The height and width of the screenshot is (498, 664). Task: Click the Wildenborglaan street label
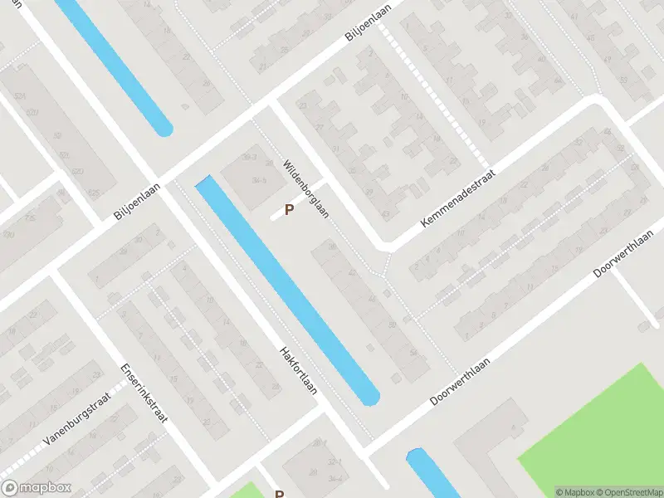[305, 188]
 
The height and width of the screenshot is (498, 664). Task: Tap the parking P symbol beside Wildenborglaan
[289, 210]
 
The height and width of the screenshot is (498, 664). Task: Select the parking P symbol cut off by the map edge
[280, 494]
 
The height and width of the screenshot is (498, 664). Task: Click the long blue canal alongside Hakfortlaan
[286, 290]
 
